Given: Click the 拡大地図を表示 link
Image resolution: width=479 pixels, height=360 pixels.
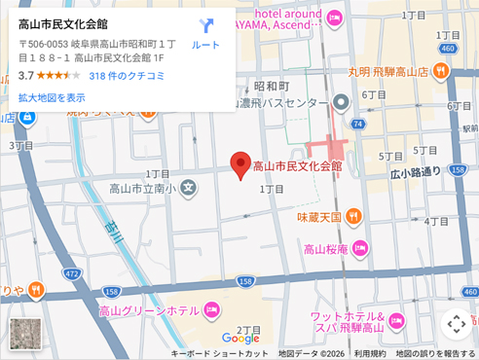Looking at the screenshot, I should tap(52, 97).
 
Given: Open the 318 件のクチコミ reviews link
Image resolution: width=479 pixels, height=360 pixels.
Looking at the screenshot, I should tap(127, 75).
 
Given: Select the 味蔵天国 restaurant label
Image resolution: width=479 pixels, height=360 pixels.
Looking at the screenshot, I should tap(319, 216).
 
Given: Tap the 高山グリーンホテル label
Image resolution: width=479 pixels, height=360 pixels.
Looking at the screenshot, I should tap(148, 310).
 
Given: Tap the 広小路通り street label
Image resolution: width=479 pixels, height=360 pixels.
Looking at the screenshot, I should tap(416, 172).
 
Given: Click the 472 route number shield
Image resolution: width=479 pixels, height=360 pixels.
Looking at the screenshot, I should tap(71, 273).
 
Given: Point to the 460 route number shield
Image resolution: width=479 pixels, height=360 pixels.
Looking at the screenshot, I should tap(448, 48).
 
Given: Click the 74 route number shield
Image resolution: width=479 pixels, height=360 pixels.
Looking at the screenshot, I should tap(358, 125).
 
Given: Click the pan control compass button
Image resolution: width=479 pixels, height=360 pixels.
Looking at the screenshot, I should tap(455, 324).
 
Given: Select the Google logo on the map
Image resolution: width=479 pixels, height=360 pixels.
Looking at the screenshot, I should tap(240, 339).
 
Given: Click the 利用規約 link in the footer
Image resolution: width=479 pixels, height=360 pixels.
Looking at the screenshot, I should tap(369, 354).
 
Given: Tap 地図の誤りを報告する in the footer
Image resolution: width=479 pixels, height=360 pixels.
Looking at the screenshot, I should tap(435, 354).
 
